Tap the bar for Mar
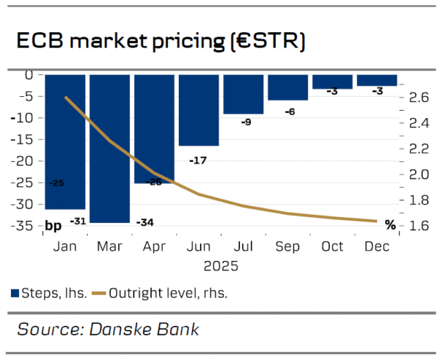[109, 147]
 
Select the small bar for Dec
[377, 80]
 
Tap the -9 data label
[246, 122]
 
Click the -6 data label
[289, 111]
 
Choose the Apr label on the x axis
[154, 246]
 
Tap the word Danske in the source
[119, 328]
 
